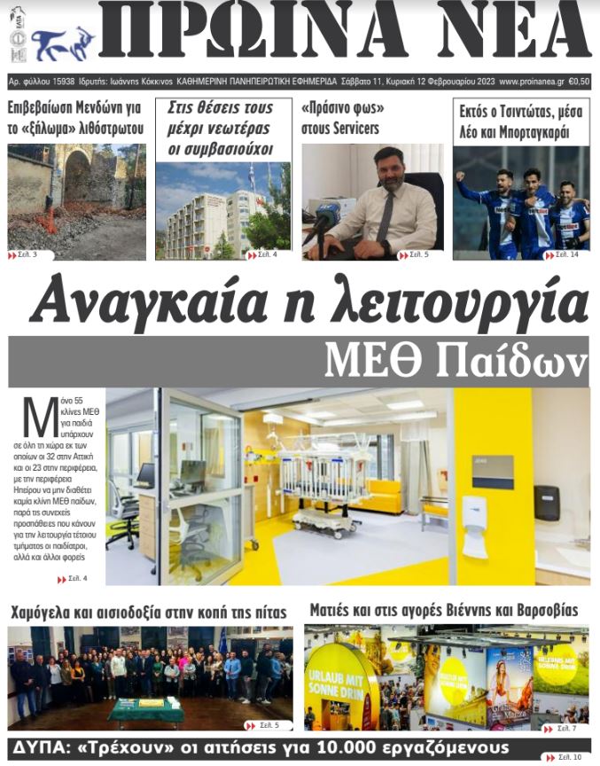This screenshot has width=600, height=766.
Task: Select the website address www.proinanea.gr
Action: pyautogui.click(x=532, y=82)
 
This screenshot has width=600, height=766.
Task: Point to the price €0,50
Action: pyautogui.click(x=580, y=82)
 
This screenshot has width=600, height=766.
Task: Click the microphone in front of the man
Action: pyautogui.click(x=323, y=216)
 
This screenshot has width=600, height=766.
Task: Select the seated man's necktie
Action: pyautogui.click(x=384, y=214)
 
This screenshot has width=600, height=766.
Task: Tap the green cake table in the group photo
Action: pyautogui.click(x=145, y=710)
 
